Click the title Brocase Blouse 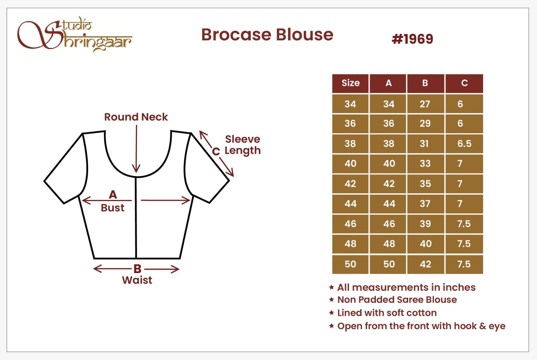267,35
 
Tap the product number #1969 412,39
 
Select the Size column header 350,84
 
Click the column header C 465,84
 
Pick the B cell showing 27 425,104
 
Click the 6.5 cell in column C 465,144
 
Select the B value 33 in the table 425,163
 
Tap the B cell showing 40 425,244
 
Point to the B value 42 425,264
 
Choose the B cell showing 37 425,204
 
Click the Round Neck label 136,117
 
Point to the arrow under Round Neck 136,149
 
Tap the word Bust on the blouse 112,208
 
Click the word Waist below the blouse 137,280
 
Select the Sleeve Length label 243,145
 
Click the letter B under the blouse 137,269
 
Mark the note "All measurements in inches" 406,288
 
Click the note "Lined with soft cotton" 387,313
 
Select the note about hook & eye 421,326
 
